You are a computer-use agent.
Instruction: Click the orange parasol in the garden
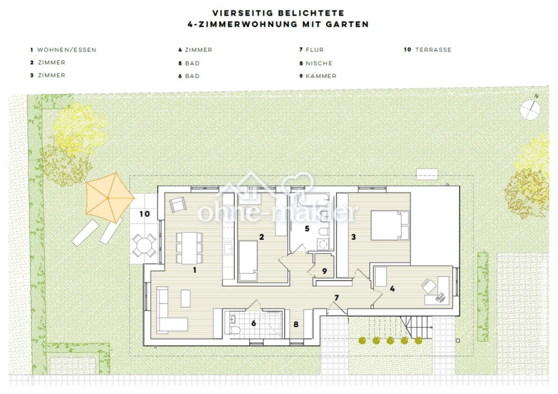pos(110,198)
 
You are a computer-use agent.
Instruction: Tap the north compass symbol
pos(530,109)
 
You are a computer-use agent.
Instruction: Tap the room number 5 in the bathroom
pos(307,229)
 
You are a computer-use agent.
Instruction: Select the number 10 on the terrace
pos(145,214)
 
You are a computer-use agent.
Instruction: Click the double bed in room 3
pos(390,225)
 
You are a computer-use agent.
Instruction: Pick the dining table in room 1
pos(189,248)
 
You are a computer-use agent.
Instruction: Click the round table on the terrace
pos(144,245)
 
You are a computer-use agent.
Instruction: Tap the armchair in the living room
pos(178,204)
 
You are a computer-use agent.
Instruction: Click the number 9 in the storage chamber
pos(325,271)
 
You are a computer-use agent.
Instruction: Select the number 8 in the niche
pos(296,324)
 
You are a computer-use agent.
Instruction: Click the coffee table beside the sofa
pos(186,298)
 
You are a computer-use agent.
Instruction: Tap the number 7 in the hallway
pos(336,298)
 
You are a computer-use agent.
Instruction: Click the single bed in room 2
pos(248,261)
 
